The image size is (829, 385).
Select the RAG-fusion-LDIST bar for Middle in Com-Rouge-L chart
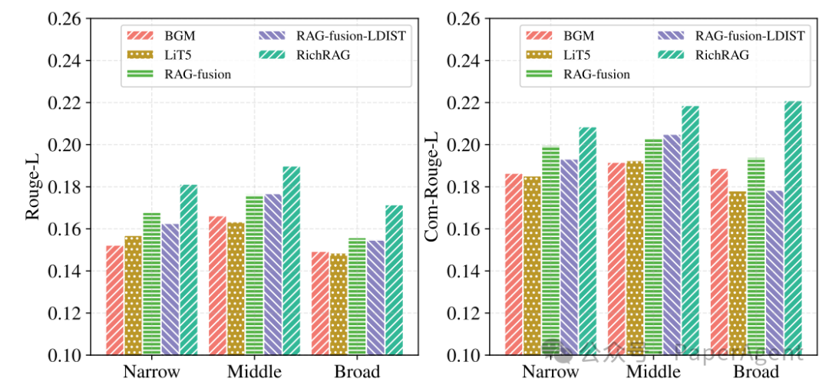click(x=672, y=245)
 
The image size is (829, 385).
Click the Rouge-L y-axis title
click(x=32, y=187)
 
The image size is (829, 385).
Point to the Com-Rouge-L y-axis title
click(x=431, y=187)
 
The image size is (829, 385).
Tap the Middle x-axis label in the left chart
click(x=245, y=372)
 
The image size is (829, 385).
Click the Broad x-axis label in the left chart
click(x=357, y=372)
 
